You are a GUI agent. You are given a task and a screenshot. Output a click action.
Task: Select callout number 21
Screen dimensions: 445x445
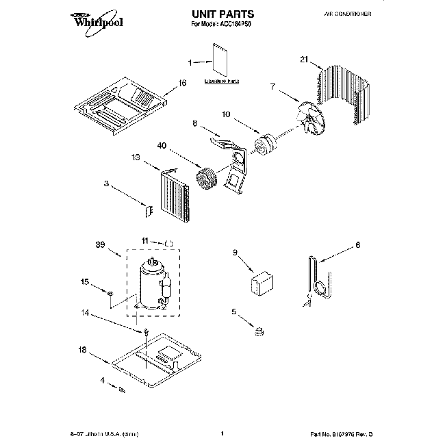pyautogui.click(x=305, y=60)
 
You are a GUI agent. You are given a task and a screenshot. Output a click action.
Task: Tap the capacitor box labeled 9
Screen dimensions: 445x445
pyautogui.click(x=260, y=281)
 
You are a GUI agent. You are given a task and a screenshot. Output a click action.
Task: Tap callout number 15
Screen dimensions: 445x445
pyautogui.click(x=85, y=281)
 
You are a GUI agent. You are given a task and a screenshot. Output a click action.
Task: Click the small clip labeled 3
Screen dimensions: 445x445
pyautogui.click(x=146, y=208)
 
